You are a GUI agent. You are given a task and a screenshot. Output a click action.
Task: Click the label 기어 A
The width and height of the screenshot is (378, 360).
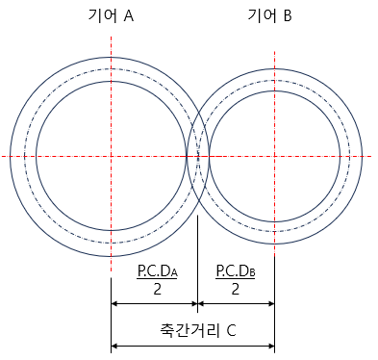111,15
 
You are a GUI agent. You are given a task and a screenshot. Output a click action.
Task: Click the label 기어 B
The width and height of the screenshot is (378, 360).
269,15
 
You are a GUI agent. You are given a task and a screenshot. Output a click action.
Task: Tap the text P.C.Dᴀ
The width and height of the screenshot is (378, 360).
157,271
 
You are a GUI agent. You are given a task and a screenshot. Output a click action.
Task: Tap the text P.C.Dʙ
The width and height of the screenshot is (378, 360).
236,271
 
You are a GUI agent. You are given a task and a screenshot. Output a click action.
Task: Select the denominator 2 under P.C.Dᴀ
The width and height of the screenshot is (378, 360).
157,290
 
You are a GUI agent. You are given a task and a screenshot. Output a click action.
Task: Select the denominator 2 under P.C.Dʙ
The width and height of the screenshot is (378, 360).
236,290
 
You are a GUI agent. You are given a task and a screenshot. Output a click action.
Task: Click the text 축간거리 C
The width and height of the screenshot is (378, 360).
198,330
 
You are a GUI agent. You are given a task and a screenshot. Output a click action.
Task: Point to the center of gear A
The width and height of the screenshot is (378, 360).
111,157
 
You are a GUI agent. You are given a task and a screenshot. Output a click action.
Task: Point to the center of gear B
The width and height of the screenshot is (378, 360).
275,157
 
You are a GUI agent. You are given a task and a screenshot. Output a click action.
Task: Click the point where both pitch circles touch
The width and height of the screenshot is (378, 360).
198,157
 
